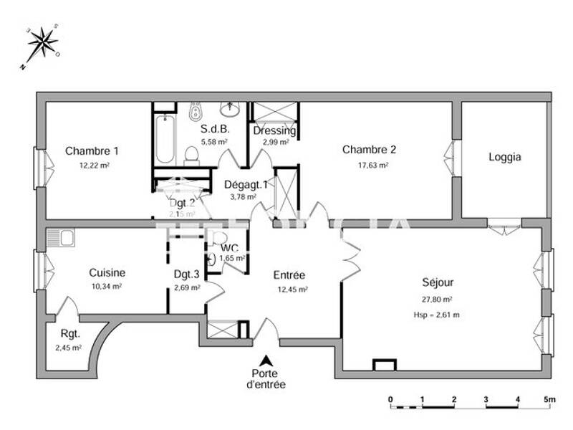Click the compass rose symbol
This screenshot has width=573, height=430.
coord(42,43)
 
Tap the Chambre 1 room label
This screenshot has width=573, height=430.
coord(92,150)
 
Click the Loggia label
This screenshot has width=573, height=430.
coord(505,157)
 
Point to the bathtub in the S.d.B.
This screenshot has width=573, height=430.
coord(165,140)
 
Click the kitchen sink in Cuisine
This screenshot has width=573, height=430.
coord(61,237)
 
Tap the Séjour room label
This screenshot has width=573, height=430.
coord(438,283)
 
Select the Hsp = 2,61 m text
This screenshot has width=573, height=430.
coord(436,314)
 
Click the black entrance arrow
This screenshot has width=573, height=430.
coord(266,361)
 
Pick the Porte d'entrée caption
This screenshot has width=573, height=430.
coord(266,379)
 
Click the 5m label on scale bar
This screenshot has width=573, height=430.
coord(549,398)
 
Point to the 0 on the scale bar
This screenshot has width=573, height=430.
coord(390,398)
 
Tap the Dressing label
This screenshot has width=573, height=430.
coord(274,131)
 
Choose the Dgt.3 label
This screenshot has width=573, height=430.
coord(187,273)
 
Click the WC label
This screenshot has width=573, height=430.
coord(229,248)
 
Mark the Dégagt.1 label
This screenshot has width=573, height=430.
coord(246,184)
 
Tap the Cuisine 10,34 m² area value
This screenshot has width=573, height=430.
coord(107,287)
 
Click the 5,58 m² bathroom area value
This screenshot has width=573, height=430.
coord(214,142)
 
